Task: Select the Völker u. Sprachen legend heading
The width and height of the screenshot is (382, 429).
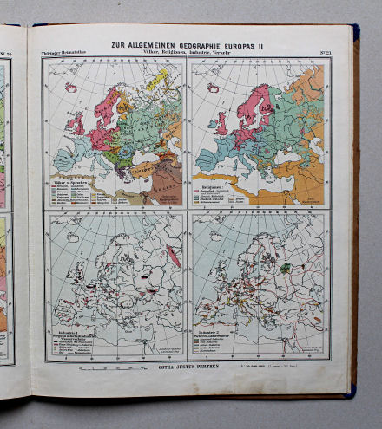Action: click(x=71, y=184)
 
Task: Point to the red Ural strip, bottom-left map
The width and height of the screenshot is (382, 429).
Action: click(x=173, y=257)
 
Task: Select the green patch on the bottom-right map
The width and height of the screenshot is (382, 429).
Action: click(x=284, y=268)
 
